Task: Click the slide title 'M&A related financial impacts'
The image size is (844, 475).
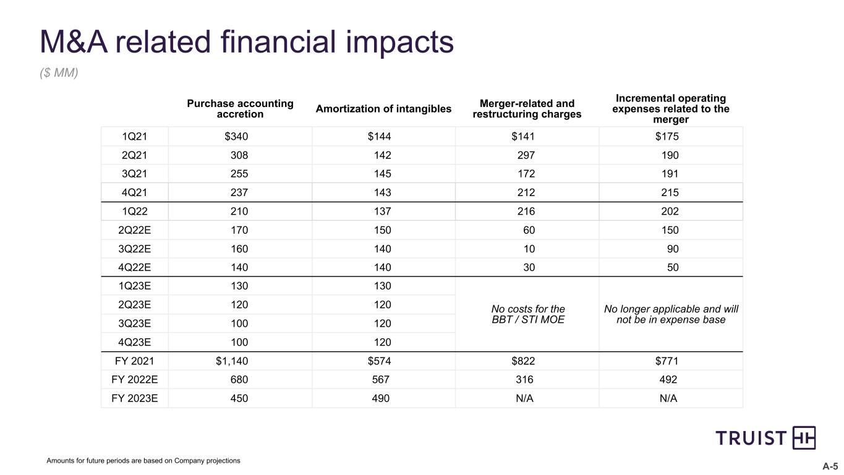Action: pos(247,42)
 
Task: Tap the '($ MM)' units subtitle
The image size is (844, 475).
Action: pos(59,72)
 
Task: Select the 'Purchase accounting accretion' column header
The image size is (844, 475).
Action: pos(240,109)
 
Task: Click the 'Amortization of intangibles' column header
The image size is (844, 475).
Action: pos(383,109)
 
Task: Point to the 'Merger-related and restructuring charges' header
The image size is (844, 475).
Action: pos(527,109)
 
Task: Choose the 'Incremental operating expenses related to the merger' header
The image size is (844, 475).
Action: pos(671,109)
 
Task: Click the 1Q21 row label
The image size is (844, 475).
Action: pos(135,137)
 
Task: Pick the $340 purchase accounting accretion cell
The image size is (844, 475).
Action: pos(236,137)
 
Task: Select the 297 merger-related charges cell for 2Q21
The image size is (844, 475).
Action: pos(526,155)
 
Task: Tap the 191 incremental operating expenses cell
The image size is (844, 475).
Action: pos(670,174)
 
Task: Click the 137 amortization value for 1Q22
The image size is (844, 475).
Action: pos(383,211)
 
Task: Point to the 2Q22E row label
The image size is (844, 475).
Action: pos(135,230)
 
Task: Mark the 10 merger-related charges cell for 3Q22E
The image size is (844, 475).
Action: pos(529,249)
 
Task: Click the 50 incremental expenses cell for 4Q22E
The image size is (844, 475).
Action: pos(673,267)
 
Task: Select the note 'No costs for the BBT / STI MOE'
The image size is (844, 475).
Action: pos(528,314)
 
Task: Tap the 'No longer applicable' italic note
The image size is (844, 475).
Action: pos(671,314)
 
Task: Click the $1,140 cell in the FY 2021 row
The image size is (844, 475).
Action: pos(232,361)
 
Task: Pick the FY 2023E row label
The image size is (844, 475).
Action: pos(135,398)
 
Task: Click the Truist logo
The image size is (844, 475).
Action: pos(765,438)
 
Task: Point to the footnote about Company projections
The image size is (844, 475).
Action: pos(143,461)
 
